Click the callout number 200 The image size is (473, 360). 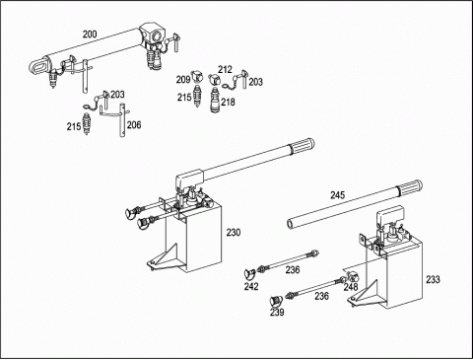[x=90, y=35]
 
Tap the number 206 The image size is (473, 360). [x=134, y=125]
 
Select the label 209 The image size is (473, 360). [x=183, y=80]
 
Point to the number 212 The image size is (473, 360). [x=225, y=69]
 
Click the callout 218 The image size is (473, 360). [x=228, y=103]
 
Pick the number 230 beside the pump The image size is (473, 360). [x=234, y=233]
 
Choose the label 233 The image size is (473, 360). [x=433, y=279]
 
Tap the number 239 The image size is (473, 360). [x=277, y=312]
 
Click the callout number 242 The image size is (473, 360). [x=251, y=287]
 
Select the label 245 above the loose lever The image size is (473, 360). [x=338, y=195]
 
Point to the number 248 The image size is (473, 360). [x=351, y=287]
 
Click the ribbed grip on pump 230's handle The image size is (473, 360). [x=302, y=146]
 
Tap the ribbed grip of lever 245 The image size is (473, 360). [x=409, y=187]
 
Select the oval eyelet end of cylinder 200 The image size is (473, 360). [x=39, y=66]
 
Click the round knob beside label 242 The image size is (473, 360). [x=249, y=272]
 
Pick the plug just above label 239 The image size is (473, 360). [x=275, y=300]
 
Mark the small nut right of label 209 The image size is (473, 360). [x=196, y=76]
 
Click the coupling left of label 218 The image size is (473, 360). [x=215, y=100]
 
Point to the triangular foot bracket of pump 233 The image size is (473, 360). [x=365, y=295]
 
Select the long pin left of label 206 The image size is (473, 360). [x=122, y=120]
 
